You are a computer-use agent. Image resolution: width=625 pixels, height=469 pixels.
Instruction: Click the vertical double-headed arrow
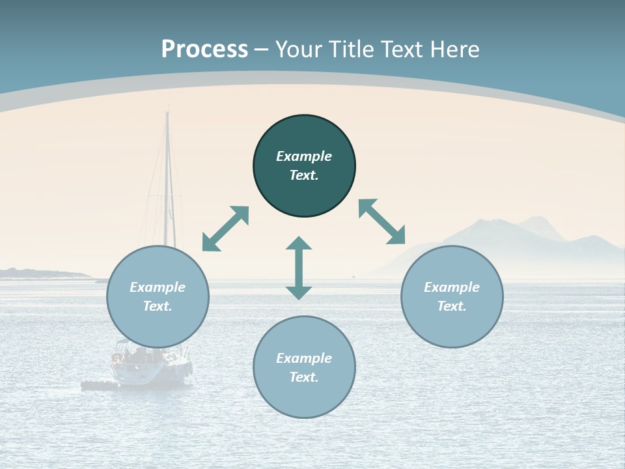click(x=299, y=268)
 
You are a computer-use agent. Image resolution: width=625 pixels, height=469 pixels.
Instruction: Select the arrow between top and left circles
click(x=226, y=229)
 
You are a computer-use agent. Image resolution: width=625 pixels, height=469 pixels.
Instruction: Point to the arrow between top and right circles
click(x=382, y=221)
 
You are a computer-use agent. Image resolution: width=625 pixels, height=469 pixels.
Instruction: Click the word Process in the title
click(x=204, y=50)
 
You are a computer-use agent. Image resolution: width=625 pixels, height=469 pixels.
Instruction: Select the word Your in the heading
click(x=299, y=50)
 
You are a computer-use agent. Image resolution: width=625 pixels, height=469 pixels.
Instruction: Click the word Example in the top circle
click(x=304, y=156)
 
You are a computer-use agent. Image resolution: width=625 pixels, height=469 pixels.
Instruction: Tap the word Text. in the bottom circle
click(x=304, y=377)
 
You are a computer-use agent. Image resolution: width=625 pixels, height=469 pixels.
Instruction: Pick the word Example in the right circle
click(x=452, y=287)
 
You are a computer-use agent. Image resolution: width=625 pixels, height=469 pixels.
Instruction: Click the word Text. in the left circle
click(x=158, y=306)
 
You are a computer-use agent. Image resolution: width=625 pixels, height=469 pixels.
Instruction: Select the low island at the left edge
click(x=39, y=274)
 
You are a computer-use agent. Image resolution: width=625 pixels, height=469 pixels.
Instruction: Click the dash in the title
click(x=262, y=50)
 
